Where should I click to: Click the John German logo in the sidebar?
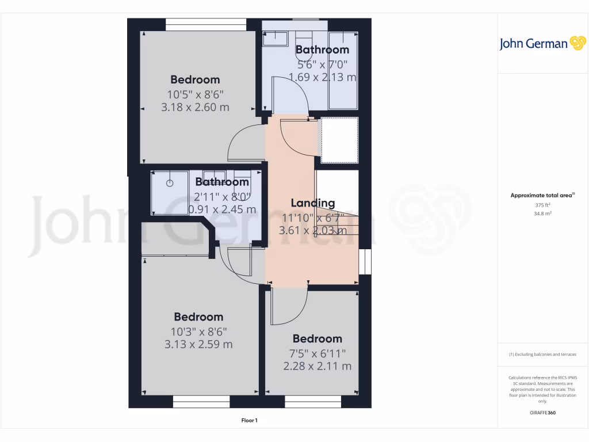(542, 44)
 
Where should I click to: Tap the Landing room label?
(312, 203)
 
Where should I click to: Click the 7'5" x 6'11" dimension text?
(317, 353)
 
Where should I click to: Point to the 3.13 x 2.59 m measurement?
(198, 344)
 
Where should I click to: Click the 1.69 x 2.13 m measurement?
(322, 77)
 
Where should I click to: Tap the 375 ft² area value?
(543, 205)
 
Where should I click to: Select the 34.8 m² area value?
(543, 214)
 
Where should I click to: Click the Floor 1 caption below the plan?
(249, 421)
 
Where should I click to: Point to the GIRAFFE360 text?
(543, 413)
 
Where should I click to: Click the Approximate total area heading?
(542, 196)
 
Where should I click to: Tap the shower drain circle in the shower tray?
(170, 183)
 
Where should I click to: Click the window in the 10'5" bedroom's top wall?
(206, 24)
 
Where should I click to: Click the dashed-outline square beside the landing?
(339, 140)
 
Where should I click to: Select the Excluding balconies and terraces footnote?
(543, 355)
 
